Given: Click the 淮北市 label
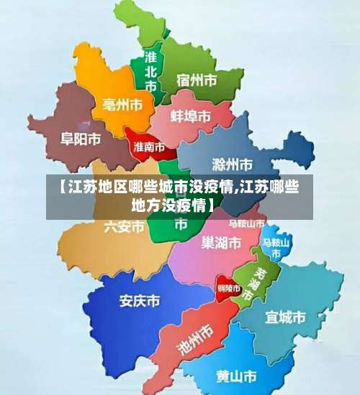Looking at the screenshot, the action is [150, 71].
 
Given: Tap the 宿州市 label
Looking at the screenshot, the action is [197, 79].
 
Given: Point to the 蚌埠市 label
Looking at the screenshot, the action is [191, 116].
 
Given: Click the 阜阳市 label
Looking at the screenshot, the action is [80, 139].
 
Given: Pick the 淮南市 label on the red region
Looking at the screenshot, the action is [150, 146].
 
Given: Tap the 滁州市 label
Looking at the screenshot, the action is [233, 163].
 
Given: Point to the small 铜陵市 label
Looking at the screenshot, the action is [229, 288].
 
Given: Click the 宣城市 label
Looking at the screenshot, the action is [285, 316].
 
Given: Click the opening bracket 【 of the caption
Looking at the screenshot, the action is [57, 189].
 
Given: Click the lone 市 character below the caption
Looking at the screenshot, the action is [181, 224].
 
